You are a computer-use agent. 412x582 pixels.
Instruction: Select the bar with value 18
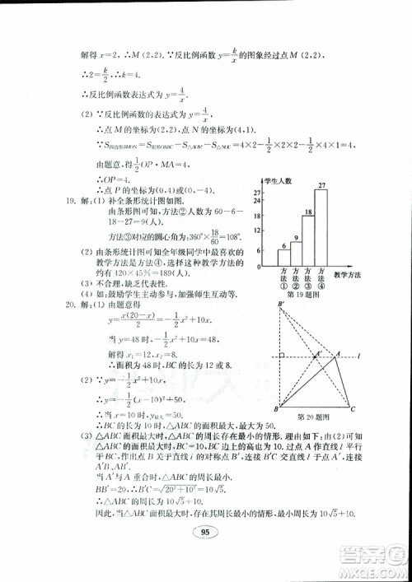click(307, 242)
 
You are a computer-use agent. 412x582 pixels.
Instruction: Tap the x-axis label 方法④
click(321, 280)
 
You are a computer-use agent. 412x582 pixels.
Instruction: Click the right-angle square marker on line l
click(282, 356)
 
